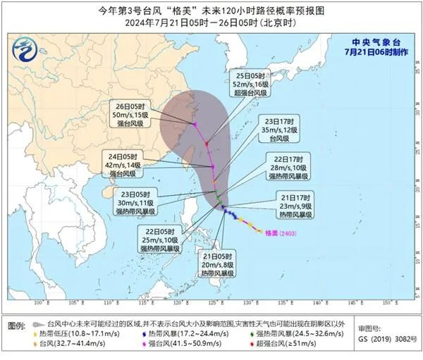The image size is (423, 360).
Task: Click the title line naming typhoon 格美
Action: [212, 10]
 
